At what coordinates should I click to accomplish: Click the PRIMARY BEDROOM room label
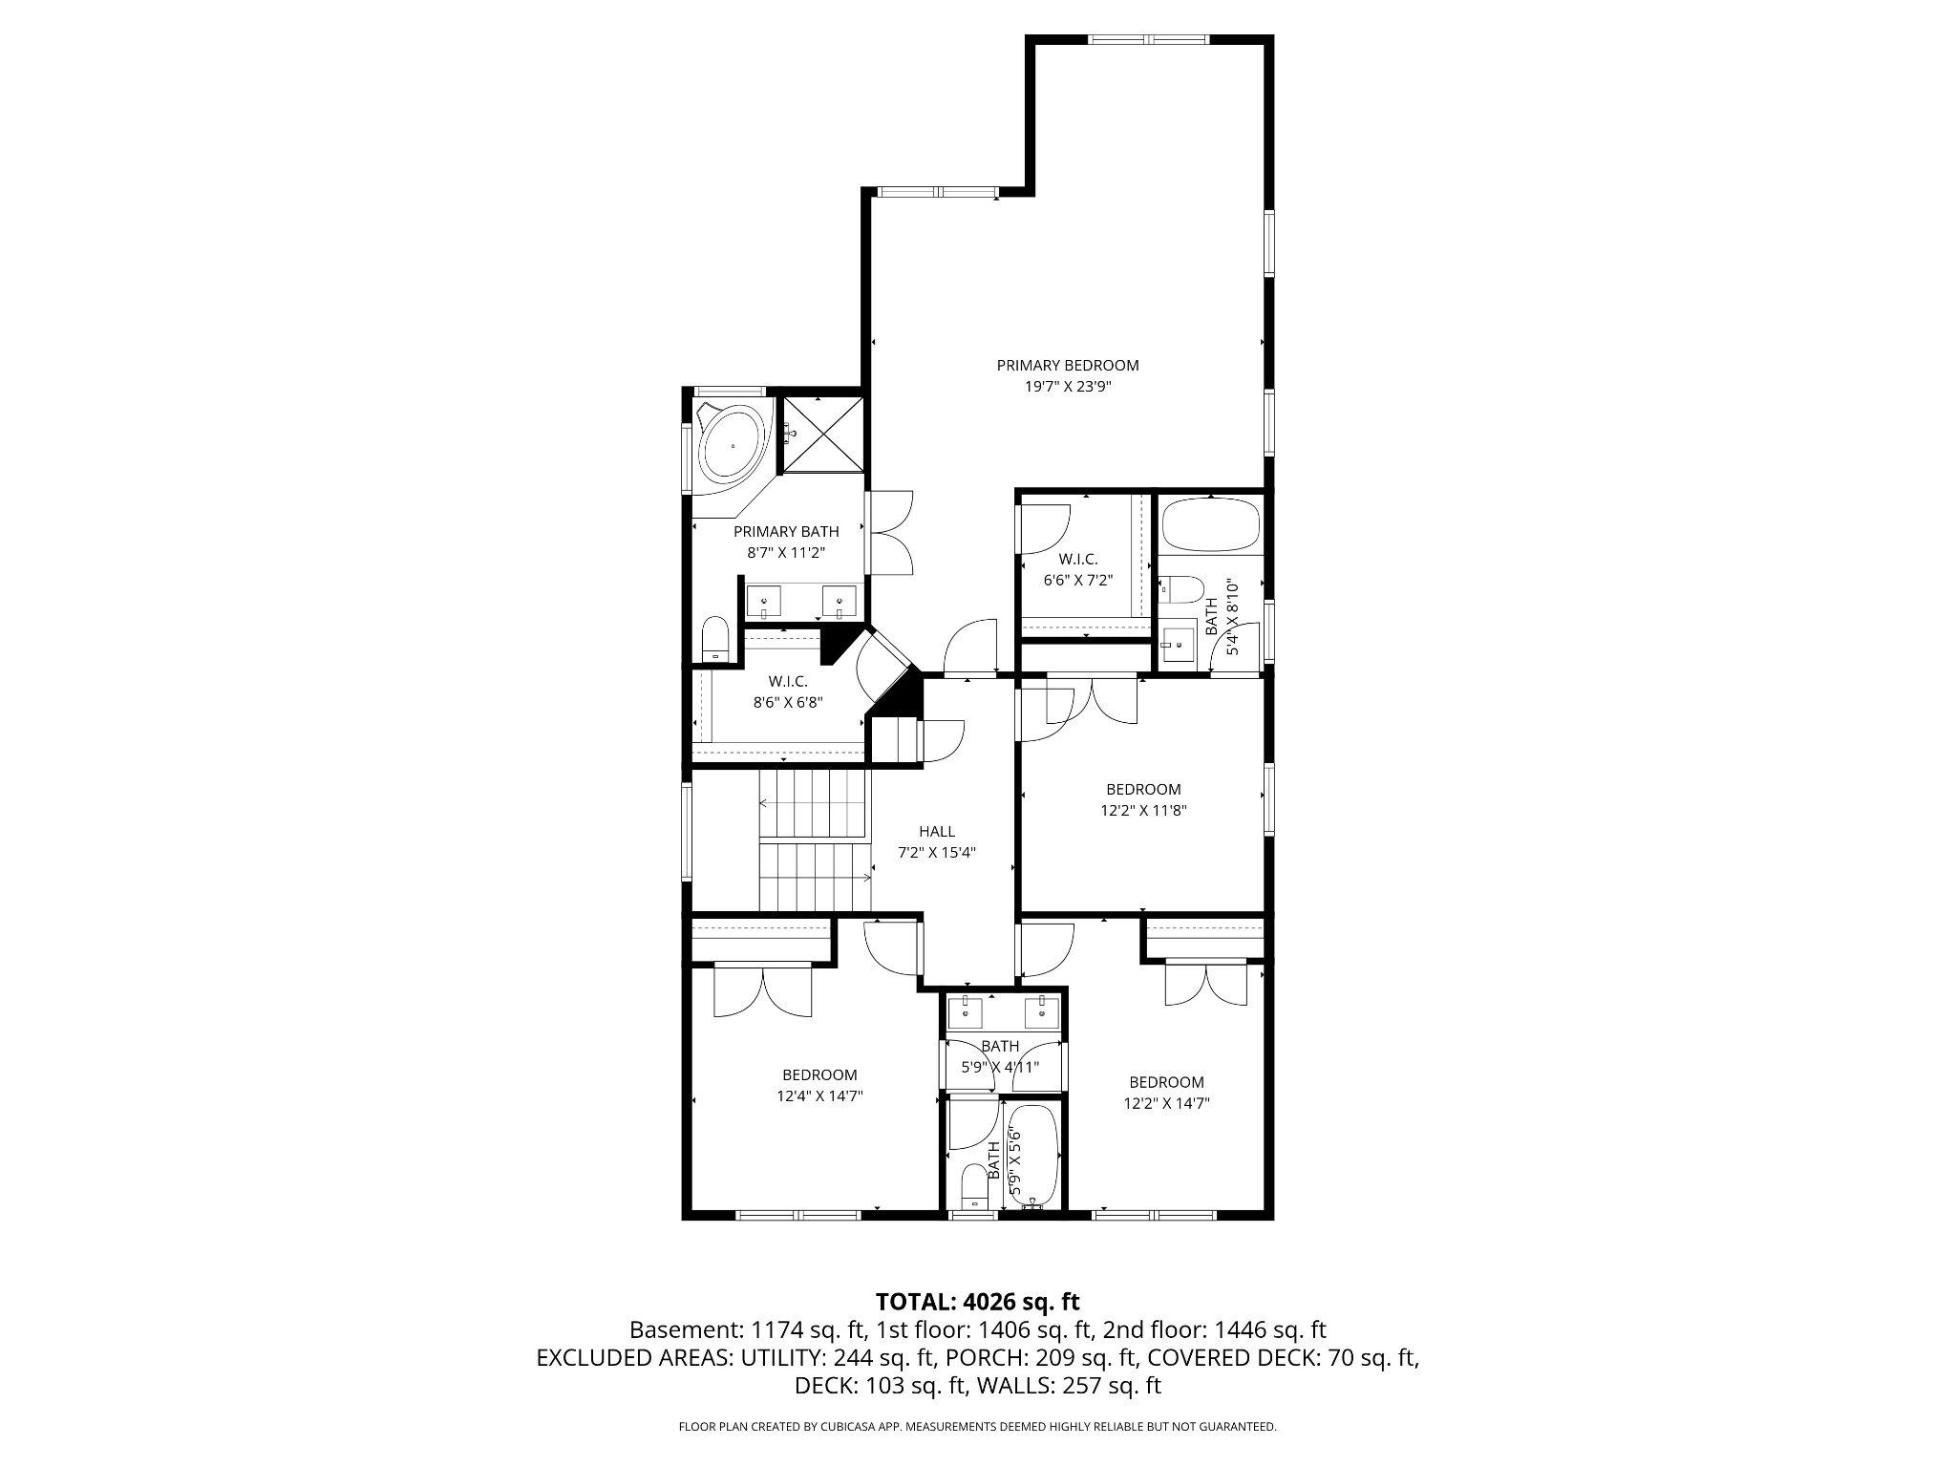tap(1067, 365)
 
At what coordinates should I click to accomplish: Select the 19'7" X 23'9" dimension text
tap(1067, 387)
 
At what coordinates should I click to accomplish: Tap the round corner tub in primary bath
tap(733, 444)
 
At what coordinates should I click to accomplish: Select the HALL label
tap(936, 831)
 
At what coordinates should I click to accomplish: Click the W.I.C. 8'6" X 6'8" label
tap(788, 691)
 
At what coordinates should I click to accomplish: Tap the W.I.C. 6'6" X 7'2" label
tap(1077, 569)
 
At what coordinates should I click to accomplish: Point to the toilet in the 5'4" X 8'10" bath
tap(1181, 588)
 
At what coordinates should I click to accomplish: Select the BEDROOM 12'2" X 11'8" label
tap(1143, 799)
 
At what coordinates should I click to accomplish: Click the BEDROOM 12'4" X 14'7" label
tap(819, 1085)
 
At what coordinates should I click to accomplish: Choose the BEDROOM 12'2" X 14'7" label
tap(1166, 1092)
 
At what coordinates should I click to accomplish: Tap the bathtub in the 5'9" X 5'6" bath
tap(1033, 1157)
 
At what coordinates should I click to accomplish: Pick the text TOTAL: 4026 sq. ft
tap(977, 1301)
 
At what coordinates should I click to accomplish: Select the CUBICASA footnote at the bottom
tap(977, 1427)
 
